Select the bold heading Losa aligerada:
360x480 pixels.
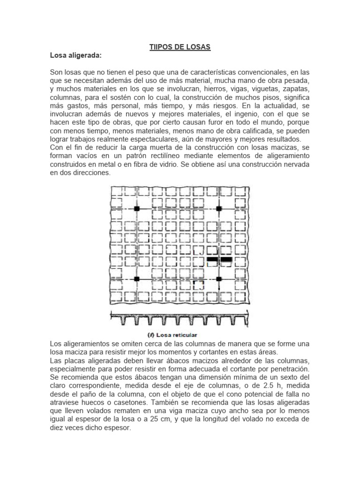[75, 55]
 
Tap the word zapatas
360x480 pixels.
[295, 89]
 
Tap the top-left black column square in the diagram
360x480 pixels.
[136, 208]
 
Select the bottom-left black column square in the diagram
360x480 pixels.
[136, 278]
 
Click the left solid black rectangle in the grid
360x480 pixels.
[212, 259]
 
